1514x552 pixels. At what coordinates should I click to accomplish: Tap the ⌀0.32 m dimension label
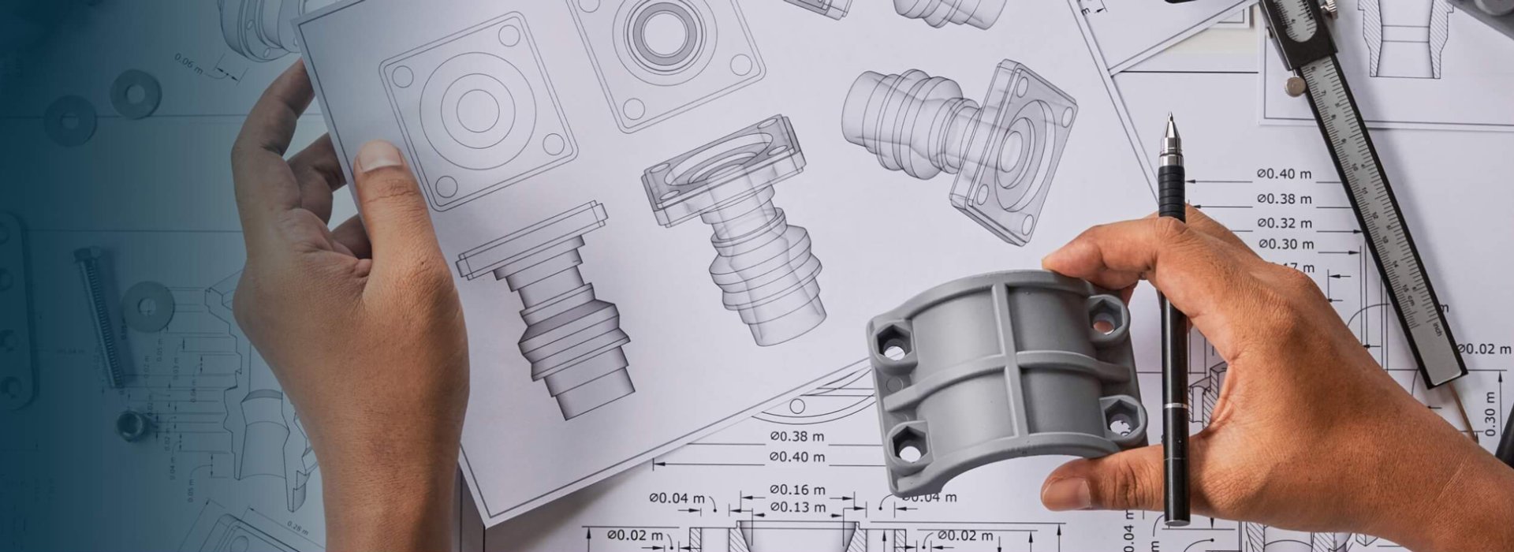[1285, 223]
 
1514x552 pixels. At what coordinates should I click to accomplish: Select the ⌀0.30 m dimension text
[1285, 244]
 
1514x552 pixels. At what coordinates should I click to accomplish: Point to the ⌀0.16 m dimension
[797, 490]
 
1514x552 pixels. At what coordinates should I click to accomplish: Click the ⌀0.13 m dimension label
[797, 507]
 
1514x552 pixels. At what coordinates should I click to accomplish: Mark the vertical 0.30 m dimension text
[1490, 413]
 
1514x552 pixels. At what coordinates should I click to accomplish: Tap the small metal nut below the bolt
[129, 425]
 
